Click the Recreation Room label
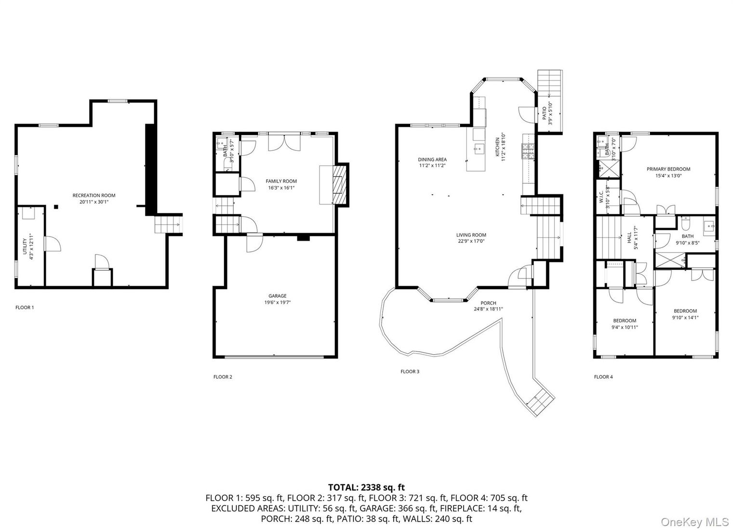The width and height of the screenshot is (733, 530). coord(94,196)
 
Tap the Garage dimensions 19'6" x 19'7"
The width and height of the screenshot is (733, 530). coord(277,303)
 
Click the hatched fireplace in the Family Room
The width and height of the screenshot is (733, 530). coord(341,185)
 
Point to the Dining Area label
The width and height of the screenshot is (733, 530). coord(432,159)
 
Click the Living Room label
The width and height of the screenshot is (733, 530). coord(471,235)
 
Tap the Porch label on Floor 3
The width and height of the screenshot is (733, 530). coord(488,303)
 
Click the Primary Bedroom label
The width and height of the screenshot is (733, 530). coord(668,169)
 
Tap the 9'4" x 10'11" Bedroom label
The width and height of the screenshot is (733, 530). coord(625,321)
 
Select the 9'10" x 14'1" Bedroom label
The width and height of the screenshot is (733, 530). coord(685,311)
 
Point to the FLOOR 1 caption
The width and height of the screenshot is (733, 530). coord(25,307)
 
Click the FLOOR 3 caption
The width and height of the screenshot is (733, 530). coord(410,371)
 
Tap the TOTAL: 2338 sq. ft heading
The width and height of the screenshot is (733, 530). coord(366,487)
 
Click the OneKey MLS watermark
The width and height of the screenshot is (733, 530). coord(694,522)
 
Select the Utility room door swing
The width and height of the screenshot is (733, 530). coord(52,244)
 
